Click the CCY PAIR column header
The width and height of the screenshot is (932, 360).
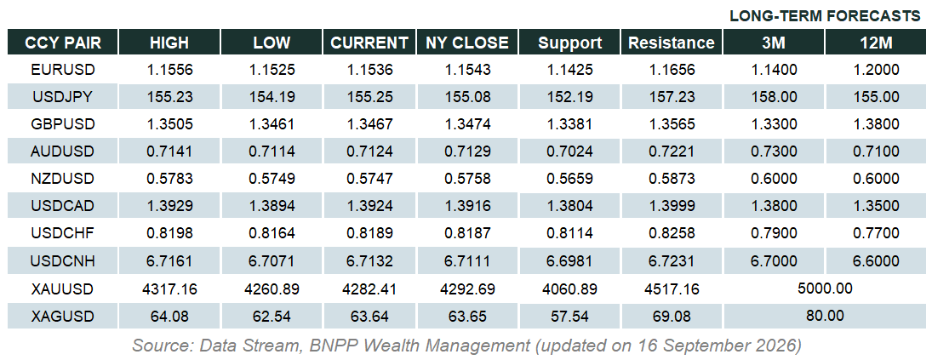tap(63, 43)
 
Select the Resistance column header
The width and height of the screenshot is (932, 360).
tap(671, 43)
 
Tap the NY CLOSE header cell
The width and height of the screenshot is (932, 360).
tap(467, 43)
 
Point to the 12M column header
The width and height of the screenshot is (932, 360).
tap(876, 43)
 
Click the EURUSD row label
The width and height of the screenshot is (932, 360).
tap(63, 70)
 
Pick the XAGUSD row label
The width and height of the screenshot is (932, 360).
tap(63, 316)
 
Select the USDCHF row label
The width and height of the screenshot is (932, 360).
tap(63, 234)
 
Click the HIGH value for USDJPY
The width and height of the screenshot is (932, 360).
tap(169, 97)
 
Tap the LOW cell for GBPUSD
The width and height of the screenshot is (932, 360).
tap(272, 124)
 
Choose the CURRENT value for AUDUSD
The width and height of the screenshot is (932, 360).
tap(369, 151)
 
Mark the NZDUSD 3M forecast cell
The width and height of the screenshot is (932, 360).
tap(774, 179)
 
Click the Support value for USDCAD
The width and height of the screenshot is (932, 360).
tap(570, 207)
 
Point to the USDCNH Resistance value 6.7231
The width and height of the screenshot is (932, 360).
tap(671, 261)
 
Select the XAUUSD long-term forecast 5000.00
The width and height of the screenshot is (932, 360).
tap(826, 289)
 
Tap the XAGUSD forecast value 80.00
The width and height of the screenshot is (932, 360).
tap(825, 316)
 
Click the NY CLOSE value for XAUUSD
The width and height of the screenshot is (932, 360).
tap(467, 290)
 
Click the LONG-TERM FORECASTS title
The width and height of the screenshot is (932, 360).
tap(825, 16)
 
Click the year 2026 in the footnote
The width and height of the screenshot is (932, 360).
tap(775, 346)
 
